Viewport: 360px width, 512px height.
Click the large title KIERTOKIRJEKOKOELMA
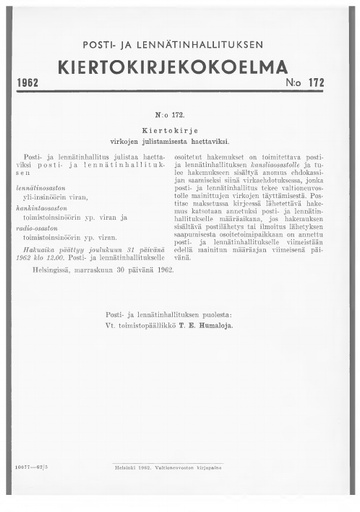tap(180, 67)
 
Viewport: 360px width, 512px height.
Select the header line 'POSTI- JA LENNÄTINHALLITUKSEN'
tap(180, 45)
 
